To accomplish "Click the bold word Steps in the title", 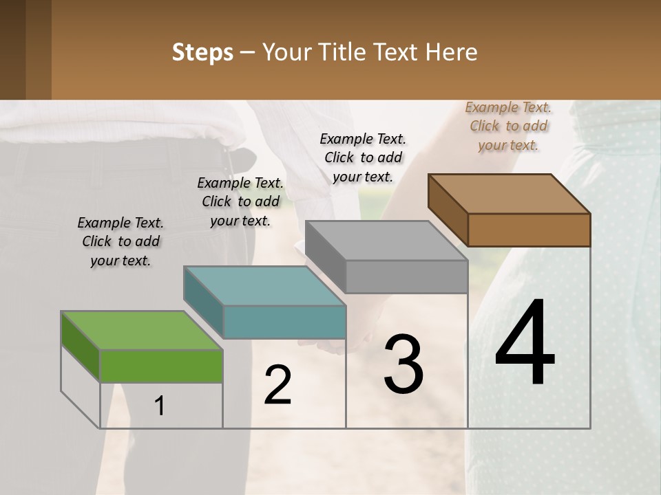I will click(202, 52).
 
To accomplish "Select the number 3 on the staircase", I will click(403, 364).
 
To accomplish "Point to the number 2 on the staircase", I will click(278, 386).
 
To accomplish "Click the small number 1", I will click(160, 406).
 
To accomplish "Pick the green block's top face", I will click(141, 331).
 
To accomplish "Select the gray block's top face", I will click(386, 241).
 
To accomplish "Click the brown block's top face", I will click(509, 194).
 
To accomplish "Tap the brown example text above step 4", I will click(508, 126).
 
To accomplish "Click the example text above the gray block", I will click(363, 157).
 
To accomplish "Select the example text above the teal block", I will click(240, 201).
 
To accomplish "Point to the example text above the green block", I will click(120, 241).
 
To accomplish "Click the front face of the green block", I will click(161, 366).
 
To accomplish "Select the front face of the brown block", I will click(529, 230).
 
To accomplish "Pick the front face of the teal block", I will click(284, 322).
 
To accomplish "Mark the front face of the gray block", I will click(406, 276).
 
